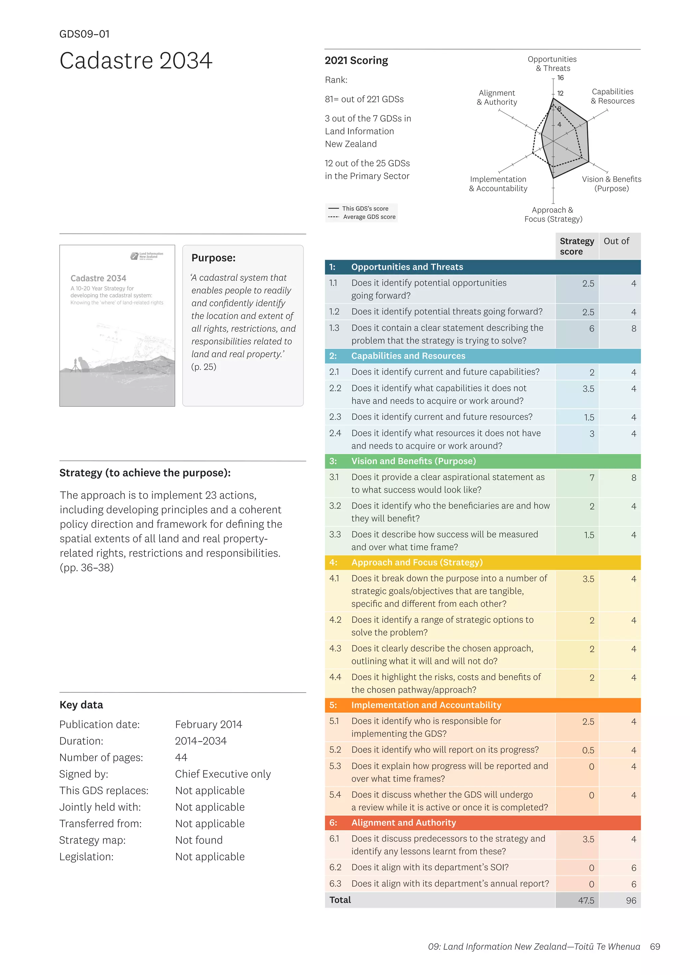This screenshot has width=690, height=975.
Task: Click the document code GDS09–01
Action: coord(84,34)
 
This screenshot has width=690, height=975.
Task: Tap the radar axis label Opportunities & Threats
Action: coord(552,64)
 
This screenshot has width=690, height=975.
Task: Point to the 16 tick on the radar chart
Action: coord(560,78)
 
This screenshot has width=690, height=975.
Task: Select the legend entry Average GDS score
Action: coord(369,217)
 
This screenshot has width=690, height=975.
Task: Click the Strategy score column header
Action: coord(576,246)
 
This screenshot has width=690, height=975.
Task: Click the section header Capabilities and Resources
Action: coord(408,356)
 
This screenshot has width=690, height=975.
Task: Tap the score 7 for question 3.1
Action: coord(591,478)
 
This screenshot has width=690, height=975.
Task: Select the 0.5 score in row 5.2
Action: coord(588,750)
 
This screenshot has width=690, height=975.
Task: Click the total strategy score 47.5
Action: coord(586,900)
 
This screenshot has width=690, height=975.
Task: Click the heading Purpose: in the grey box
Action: coord(213,258)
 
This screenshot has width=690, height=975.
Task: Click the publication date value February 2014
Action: coord(208,725)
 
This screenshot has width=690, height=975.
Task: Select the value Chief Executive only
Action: coord(223,774)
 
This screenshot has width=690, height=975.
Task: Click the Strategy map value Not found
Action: coord(199,840)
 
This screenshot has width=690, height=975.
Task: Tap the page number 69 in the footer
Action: coord(655,946)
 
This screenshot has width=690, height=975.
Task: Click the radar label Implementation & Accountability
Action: coord(498,184)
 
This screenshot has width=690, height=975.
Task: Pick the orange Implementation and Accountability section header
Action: coord(426,705)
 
